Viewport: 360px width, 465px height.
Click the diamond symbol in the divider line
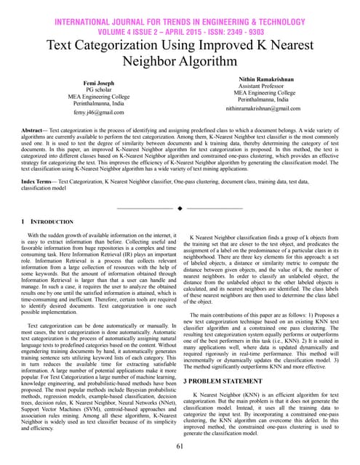180,209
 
